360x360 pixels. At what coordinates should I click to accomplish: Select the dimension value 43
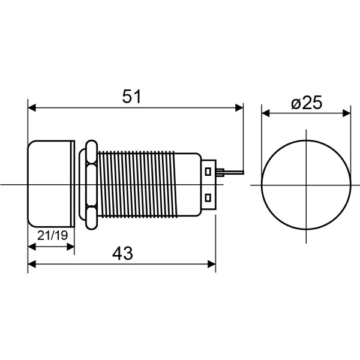(122, 254)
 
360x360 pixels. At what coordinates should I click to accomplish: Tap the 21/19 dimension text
(52, 235)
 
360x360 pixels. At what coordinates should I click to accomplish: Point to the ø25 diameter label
(307, 103)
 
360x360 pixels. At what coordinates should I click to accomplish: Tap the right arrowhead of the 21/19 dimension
(70, 245)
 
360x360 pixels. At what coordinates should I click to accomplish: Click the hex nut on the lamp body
(91, 184)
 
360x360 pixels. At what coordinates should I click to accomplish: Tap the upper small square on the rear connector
(208, 172)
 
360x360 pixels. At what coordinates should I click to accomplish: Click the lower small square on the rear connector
(208, 197)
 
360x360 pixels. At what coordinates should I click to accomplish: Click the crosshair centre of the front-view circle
(307, 184)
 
